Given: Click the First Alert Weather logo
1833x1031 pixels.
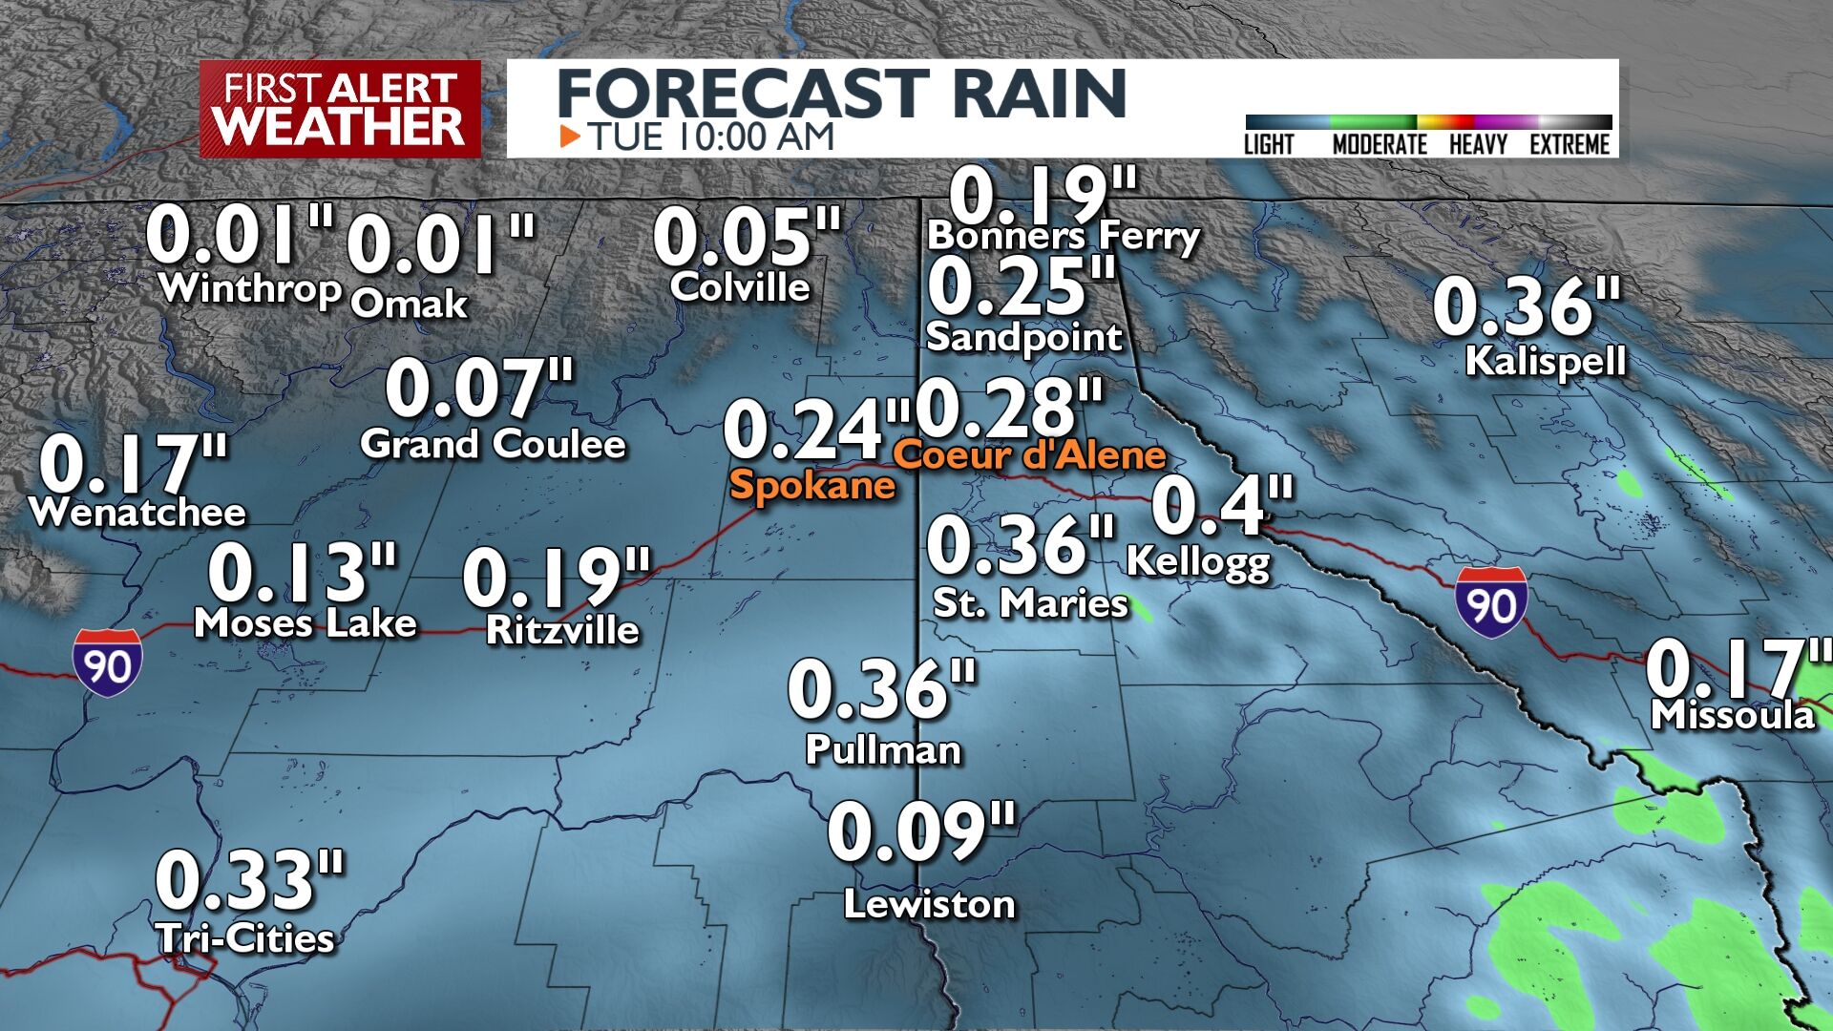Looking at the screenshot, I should coord(340,109).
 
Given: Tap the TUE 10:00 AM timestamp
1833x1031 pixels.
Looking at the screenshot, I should coord(710,137).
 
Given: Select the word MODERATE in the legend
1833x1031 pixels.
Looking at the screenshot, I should coord(1379,144).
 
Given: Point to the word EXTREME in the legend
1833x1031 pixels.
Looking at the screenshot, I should coord(1570,144).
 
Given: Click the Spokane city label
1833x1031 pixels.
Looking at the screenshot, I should coord(811,485).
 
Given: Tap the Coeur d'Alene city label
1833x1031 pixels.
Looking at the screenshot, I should coord(1029,454).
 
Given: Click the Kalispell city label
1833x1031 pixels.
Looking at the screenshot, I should coord(1545,361).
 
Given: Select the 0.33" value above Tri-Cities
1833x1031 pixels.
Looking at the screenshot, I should coord(249,880).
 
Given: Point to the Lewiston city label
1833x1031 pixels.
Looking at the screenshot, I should coord(929,904).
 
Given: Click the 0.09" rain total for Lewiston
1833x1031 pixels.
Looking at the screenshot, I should coord(921,832).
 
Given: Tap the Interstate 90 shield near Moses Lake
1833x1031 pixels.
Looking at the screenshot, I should coord(108,661).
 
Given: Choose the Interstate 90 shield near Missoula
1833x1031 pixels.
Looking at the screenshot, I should coord(1490,601).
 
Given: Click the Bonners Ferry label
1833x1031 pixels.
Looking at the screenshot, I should coord(1064,236).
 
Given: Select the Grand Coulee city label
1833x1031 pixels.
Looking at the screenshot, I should coord(493,444).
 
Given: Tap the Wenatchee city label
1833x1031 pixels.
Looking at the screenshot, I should coord(137,513).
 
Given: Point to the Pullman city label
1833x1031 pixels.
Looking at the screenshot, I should coord(883,749).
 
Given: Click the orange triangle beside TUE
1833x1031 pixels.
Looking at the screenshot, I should coord(570,137).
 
